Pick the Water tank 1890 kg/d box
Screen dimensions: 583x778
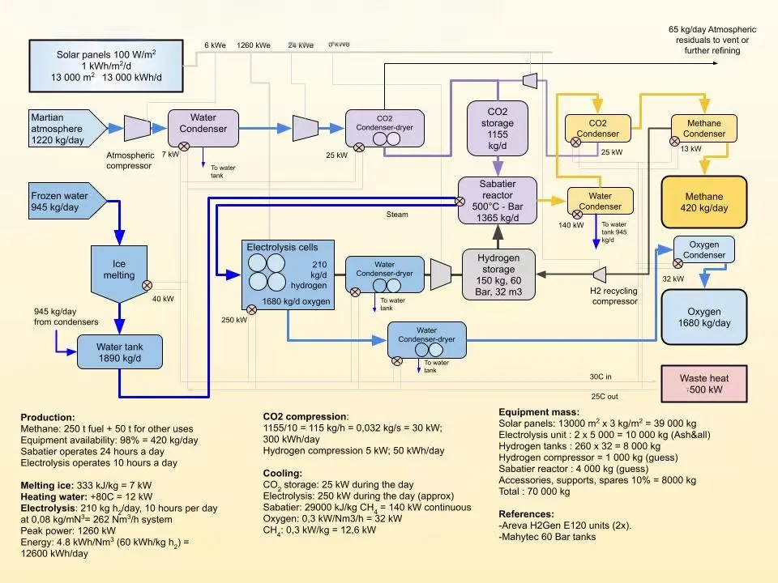(119, 352)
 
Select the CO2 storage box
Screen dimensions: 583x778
(498, 129)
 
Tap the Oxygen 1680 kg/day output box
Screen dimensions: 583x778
(703, 317)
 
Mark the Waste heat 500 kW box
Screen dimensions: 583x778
(703, 383)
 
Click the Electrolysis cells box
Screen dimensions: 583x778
(287, 274)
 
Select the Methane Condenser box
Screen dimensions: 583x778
(704, 129)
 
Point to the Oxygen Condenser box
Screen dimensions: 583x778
(703, 249)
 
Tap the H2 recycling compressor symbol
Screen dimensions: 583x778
(601, 274)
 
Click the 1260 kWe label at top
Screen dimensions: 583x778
(254, 46)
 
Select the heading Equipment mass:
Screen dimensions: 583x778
(538, 412)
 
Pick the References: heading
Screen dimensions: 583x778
(526, 513)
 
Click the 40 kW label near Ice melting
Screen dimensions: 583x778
(163, 299)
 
